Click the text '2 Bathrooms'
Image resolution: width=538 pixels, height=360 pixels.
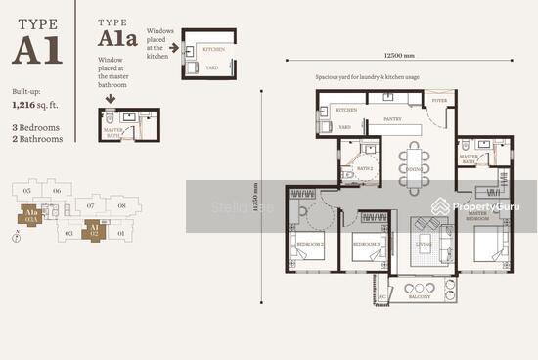39,139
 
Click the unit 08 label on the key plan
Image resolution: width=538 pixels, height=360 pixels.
121,206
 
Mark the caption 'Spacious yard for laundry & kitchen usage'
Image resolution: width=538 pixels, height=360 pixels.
373,76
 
